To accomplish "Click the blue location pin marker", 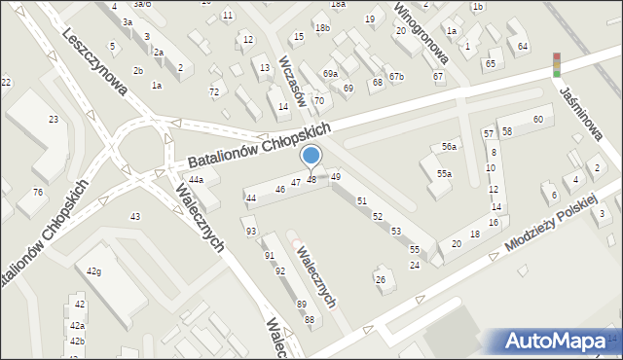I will [x=311, y=156].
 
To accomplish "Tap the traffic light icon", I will [x=557, y=64].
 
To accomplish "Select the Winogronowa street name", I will [x=420, y=28].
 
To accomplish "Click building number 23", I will [x=54, y=119].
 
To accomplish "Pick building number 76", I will [x=37, y=192].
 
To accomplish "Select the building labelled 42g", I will [x=94, y=270].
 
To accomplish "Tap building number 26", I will [x=381, y=280].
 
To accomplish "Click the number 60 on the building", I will [x=537, y=119].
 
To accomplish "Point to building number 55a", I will [x=444, y=173].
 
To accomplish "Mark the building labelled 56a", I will [x=449, y=146].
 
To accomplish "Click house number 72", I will [x=214, y=91].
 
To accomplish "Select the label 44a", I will [x=197, y=180].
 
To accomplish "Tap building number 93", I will [x=251, y=231].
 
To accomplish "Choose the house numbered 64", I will [x=524, y=47].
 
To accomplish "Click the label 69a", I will [x=331, y=74].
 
